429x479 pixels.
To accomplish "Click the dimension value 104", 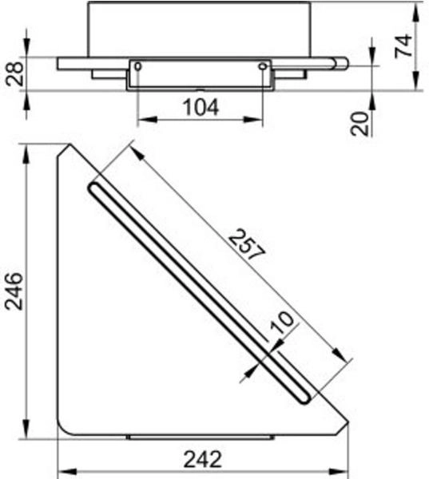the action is point(201,107).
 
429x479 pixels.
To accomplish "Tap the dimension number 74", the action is point(403,46).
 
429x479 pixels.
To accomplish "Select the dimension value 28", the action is point(14,74).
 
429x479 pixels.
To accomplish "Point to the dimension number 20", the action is point(359,124).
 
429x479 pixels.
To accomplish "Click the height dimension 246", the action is point(14,291).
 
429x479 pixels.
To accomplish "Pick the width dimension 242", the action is point(202,459).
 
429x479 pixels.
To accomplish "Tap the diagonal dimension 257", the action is point(247,245).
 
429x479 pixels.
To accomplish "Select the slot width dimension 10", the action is point(282,322).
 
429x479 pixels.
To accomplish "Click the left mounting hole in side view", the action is point(138,66).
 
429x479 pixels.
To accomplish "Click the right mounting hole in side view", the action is point(263,66).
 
